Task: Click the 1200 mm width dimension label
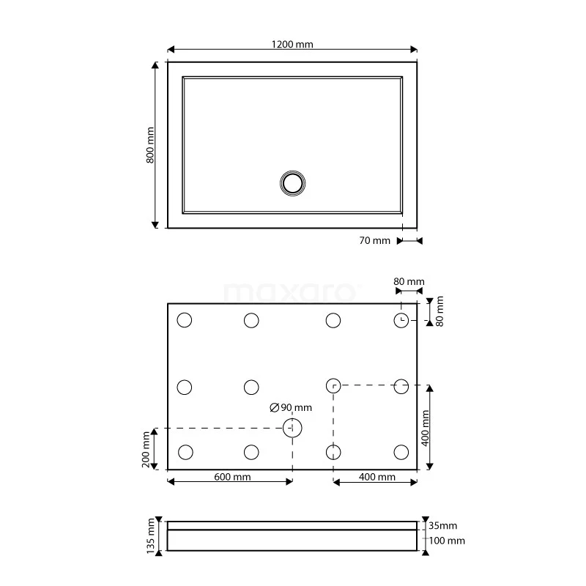(x=292, y=44)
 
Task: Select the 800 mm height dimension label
(x=150, y=145)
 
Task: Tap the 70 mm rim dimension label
(x=376, y=241)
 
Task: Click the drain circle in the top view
(x=293, y=182)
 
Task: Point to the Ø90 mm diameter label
(x=291, y=407)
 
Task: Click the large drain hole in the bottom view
(x=293, y=428)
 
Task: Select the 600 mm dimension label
(x=232, y=477)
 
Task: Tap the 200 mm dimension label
(x=146, y=449)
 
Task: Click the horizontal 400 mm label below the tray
(x=377, y=477)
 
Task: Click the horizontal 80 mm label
(x=409, y=282)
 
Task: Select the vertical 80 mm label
(x=439, y=311)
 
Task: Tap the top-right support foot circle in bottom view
(x=401, y=320)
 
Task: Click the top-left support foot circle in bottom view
(x=184, y=320)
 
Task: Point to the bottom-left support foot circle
(x=185, y=452)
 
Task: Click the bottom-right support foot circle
(x=401, y=452)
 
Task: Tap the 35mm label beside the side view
(x=442, y=526)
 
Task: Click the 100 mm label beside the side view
(x=445, y=541)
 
